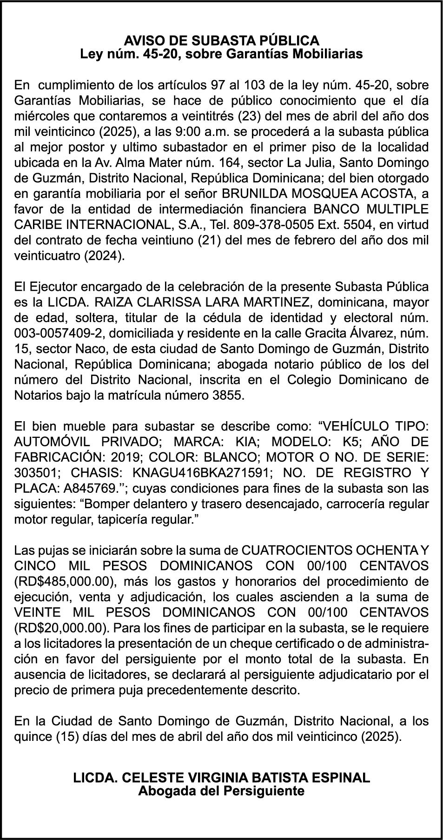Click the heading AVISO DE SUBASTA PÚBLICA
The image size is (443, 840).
pyautogui.click(x=221, y=40)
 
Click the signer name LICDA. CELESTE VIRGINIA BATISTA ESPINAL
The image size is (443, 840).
pyautogui.click(x=221, y=777)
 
